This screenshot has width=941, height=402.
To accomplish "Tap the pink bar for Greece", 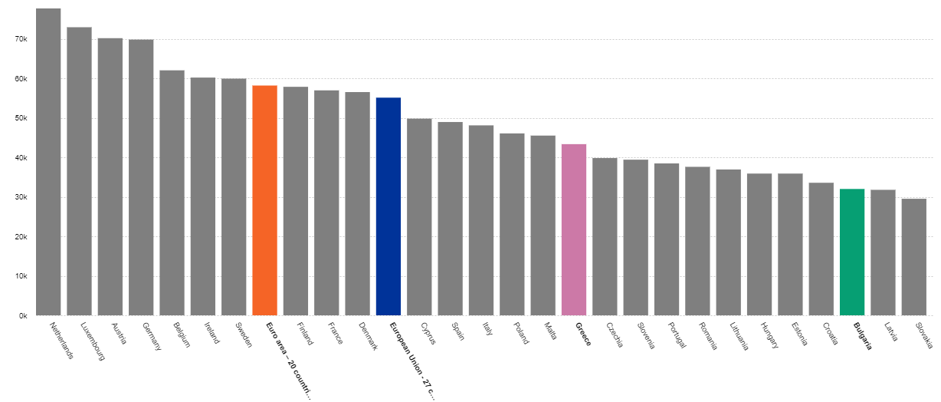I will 574,229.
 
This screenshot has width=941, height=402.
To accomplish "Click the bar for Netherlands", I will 48,161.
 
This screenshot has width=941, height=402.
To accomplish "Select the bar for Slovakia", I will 914,256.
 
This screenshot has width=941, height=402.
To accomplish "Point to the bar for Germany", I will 141,176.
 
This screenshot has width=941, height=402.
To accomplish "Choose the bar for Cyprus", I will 419,216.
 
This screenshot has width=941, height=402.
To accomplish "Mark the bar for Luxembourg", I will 79,170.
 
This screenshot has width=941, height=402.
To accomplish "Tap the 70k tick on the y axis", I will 21,39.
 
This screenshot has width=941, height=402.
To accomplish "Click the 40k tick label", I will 21,158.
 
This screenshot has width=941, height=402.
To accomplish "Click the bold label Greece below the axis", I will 582,334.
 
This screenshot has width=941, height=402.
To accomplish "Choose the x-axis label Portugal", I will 675,336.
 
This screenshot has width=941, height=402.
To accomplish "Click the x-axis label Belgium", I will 180,335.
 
